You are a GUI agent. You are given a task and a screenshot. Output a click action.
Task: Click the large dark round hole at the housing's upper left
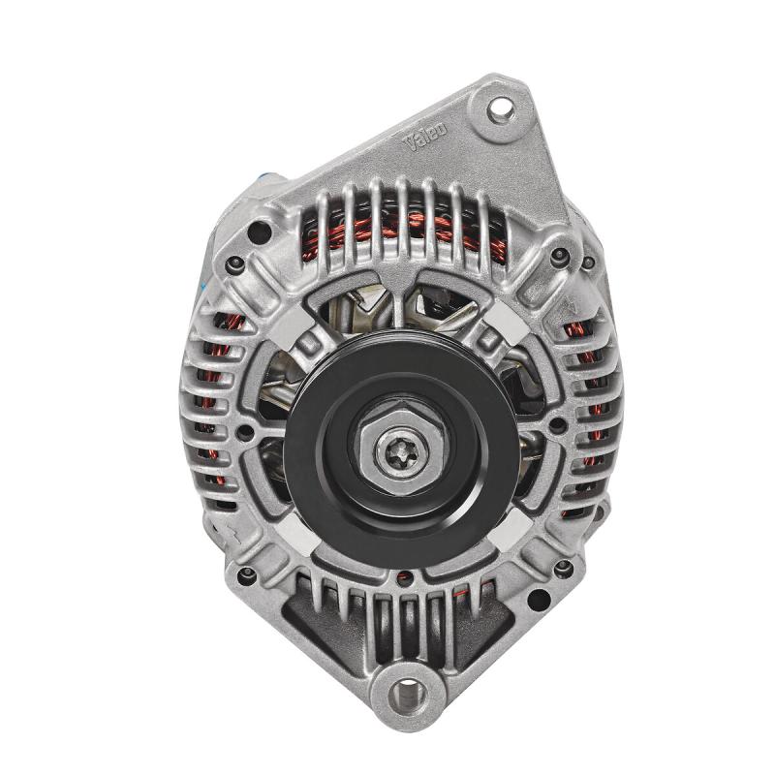coord(258,232)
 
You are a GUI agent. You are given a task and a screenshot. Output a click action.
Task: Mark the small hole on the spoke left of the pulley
coord(245,430)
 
